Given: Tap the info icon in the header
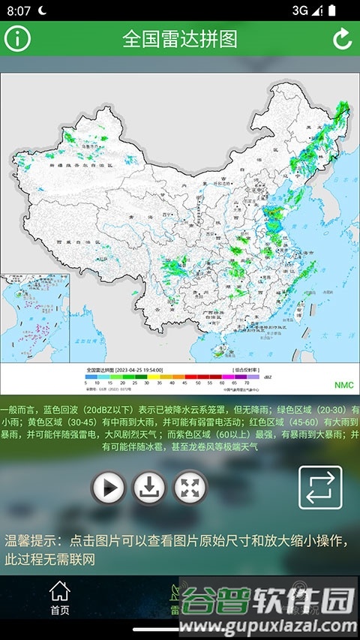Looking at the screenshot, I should pos(17,38).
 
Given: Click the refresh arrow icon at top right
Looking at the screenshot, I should pos(342,38).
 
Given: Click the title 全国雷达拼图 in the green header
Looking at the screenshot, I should pos(180,39).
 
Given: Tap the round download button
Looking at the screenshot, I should pos(149,488).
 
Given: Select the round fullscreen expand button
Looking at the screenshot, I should pos(190,488).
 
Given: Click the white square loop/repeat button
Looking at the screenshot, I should pos(320,488).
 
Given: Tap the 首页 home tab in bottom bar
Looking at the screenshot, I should pos(59,598).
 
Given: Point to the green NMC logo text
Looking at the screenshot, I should pos(343,385).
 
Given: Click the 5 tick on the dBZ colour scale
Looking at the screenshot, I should pos(88,383).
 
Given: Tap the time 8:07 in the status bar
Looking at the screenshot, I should pos(19,11).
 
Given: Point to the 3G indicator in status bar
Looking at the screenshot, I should pos(300,11).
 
